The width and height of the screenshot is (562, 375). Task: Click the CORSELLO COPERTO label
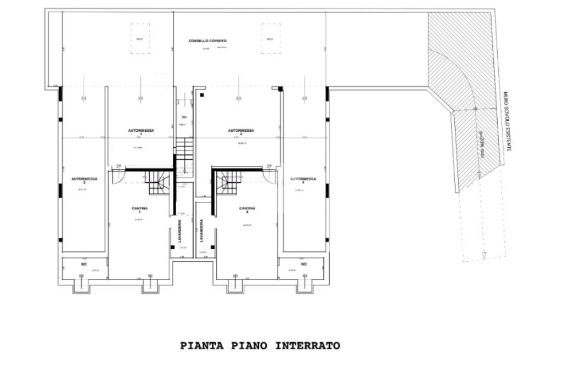tap(207, 41)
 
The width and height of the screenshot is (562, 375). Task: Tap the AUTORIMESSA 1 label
tap(141, 132)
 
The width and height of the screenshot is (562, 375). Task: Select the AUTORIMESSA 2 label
tap(241, 132)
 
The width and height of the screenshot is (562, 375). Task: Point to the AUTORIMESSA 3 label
tap(82, 181)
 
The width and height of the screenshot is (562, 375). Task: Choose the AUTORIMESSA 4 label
tap(303, 181)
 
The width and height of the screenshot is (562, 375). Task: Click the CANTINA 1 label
tap(139, 210)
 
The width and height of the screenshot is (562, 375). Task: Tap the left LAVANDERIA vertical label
tap(179, 232)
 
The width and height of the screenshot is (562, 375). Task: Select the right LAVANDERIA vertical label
tap(201, 232)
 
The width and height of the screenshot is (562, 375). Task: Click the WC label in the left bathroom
tap(84, 264)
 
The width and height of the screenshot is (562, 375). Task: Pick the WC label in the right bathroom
tap(304, 264)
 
